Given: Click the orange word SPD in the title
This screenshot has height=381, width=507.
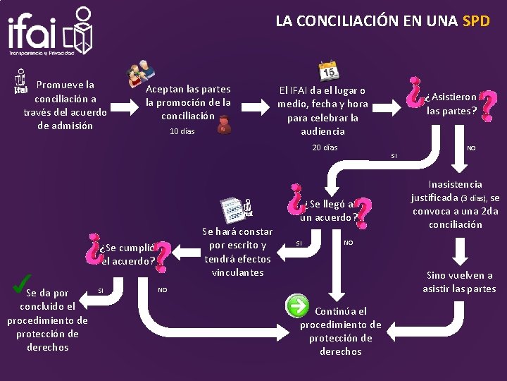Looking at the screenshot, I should point(476,20).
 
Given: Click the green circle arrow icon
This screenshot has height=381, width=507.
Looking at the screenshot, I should point(297,306).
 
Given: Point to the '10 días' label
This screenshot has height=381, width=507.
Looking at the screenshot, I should point(182,131).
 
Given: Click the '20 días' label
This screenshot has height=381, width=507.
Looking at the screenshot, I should point(325,147).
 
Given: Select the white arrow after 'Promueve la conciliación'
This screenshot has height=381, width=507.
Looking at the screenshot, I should point(124,107).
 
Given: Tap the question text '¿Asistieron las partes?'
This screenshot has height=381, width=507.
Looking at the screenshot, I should point(452,103).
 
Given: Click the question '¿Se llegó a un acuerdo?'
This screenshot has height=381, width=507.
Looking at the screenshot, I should point(329,210).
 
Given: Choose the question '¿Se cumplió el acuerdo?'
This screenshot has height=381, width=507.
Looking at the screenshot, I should point(127,254).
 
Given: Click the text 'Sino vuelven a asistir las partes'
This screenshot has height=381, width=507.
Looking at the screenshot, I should point(459,282).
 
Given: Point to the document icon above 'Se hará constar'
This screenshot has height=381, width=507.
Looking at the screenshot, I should point(232,210).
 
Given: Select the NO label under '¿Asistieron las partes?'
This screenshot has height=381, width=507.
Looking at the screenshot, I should point(471,148).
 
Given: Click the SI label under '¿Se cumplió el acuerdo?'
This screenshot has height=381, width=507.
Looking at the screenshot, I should point(101,291).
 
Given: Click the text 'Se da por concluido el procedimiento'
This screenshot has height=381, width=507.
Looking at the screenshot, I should point(47,320).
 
